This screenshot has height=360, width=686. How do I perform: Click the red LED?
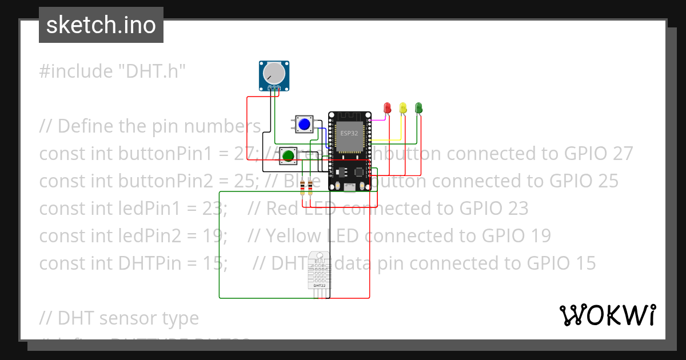coord(387,107)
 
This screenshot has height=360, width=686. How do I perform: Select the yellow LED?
coord(403,107)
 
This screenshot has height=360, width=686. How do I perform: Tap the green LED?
coord(418,107)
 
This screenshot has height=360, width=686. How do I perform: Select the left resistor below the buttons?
coord(302,186)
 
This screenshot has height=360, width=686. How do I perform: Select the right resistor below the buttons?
coord(310,186)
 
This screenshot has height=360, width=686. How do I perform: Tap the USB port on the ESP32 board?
coord(348,187)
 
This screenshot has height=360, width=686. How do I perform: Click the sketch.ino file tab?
coord(101,25)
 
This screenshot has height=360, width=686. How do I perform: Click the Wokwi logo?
coord(607,315)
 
